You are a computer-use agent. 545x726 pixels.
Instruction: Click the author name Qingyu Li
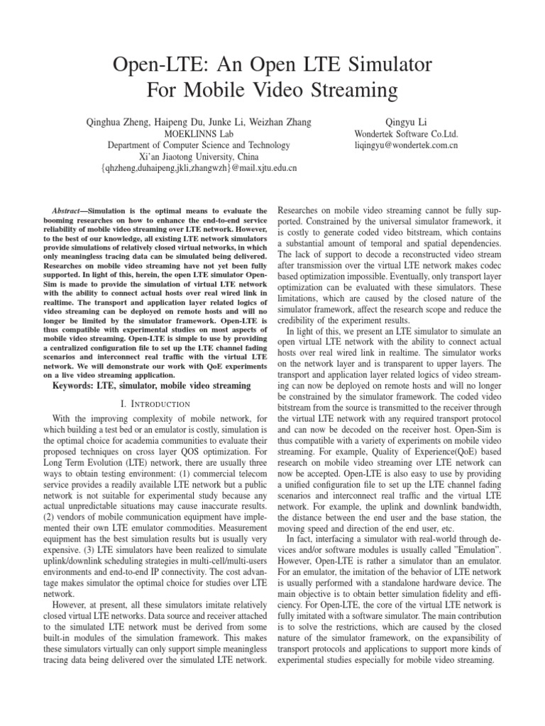(x=407, y=123)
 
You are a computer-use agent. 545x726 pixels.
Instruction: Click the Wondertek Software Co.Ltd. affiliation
(x=407, y=134)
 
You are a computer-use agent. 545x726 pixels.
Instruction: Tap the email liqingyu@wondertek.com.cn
(x=407, y=145)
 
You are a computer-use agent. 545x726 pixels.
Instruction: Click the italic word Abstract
(x=70, y=211)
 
